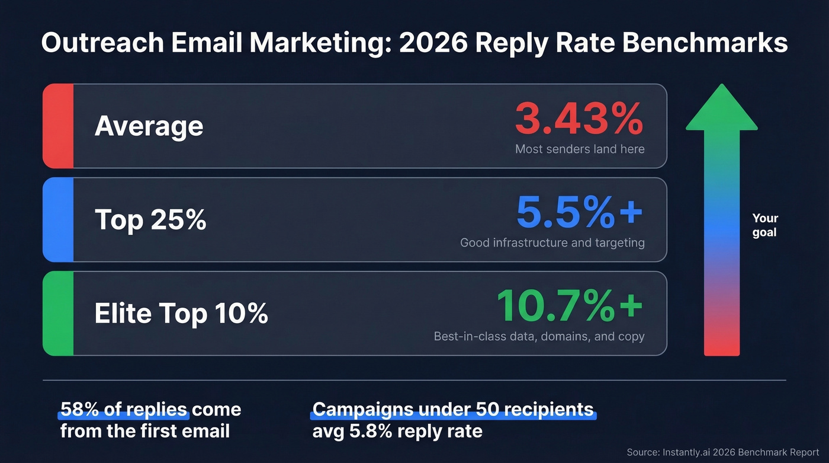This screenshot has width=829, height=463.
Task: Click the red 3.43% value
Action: click(x=579, y=119)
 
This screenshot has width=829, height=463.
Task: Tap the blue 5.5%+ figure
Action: click(x=579, y=212)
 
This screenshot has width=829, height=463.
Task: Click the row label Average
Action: click(x=149, y=126)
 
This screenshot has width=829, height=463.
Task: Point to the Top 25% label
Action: click(x=150, y=219)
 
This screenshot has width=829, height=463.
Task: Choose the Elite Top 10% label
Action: click(x=181, y=313)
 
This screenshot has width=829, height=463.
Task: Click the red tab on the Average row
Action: click(x=58, y=126)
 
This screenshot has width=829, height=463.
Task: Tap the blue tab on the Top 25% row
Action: click(x=58, y=219)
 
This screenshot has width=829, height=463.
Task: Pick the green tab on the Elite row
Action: click(x=58, y=313)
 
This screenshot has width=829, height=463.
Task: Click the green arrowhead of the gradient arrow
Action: click(x=721, y=110)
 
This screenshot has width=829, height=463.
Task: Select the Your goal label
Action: click(x=765, y=225)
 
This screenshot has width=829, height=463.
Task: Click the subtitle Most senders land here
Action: click(x=580, y=149)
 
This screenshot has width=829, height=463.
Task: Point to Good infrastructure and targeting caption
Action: click(x=552, y=242)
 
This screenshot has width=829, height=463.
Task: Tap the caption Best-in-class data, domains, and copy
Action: click(x=539, y=336)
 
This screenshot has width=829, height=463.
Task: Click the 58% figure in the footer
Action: click(x=75, y=410)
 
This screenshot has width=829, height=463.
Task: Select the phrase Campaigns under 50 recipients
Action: click(x=453, y=410)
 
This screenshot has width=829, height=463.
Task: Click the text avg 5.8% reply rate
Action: click(x=397, y=431)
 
